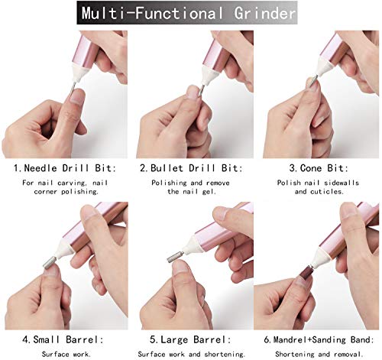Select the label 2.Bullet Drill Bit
pyautogui.click(x=190, y=167)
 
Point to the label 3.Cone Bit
pyautogui.click(x=315, y=167)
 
